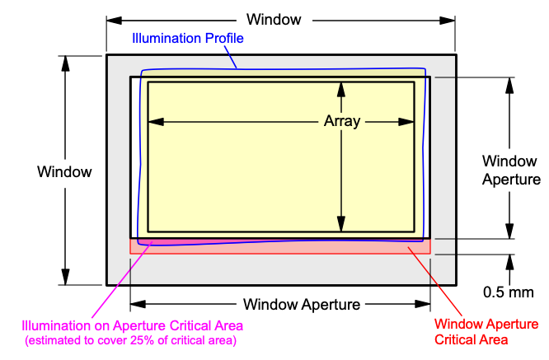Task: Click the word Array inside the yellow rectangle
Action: (341, 121)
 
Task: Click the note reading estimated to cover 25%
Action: (131, 339)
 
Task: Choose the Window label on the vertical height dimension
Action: (64, 171)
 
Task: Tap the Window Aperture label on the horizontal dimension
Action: (302, 305)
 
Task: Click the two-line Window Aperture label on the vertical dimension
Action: (511, 170)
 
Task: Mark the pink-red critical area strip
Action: (280, 245)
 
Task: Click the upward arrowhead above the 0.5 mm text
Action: (510, 261)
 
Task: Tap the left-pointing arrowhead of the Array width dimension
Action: (155, 121)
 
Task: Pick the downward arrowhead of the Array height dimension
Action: (341, 224)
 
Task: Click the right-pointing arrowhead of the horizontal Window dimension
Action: (449, 19)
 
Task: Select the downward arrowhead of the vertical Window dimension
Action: (64, 278)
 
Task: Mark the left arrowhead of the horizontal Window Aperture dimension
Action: (137, 305)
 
